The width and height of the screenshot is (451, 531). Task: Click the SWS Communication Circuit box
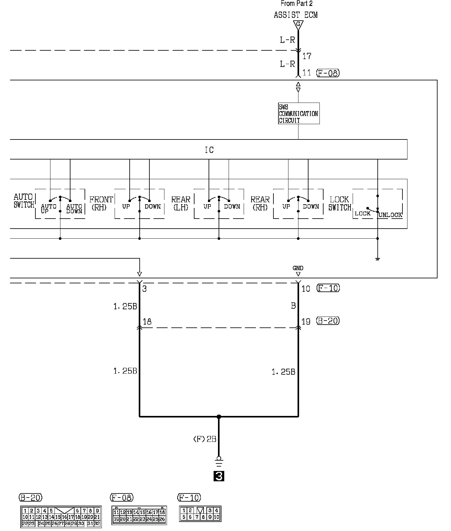[x=298, y=114]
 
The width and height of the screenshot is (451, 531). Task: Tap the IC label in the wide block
[x=209, y=150]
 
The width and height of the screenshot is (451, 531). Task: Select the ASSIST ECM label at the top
[x=295, y=15]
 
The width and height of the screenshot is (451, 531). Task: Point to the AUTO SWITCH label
[x=24, y=201]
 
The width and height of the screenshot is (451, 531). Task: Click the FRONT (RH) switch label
[x=101, y=203]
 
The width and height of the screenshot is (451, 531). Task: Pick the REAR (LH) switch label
[x=181, y=203]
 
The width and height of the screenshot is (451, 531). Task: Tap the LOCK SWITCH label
[x=340, y=203]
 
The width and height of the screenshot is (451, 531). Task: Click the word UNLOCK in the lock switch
[x=390, y=215]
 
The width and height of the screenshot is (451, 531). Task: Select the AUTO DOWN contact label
[x=74, y=209]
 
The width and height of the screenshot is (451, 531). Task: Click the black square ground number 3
[x=219, y=476]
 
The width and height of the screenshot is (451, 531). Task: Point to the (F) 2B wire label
[x=205, y=439]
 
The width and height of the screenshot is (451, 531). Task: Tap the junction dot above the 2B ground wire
[x=219, y=417]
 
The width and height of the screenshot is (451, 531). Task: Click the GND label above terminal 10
[x=298, y=268]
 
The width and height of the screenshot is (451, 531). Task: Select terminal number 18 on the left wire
[x=147, y=321]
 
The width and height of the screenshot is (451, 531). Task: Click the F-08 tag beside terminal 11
[x=328, y=73]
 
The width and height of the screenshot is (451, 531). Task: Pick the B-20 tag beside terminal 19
[x=328, y=321]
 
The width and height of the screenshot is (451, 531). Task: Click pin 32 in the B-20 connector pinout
[x=97, y=523]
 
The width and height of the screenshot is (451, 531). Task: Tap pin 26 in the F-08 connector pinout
[x=162, y=519]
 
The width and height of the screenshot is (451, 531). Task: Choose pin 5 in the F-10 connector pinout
[x=184, y=517]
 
